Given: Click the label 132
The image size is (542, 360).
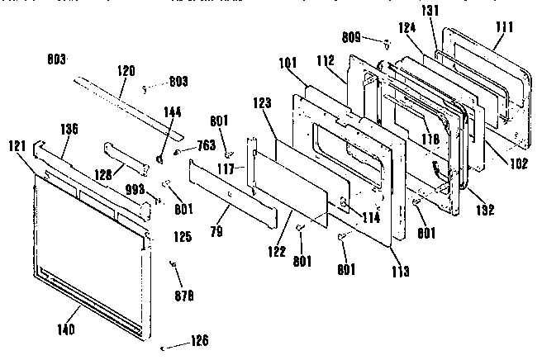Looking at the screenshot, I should [483, 211].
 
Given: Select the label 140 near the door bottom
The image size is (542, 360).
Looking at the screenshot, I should [67, 330].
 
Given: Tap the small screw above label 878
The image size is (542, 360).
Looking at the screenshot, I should [174, 263].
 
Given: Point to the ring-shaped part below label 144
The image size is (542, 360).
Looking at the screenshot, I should [160, 154].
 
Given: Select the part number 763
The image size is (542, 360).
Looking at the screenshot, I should [206, 146].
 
